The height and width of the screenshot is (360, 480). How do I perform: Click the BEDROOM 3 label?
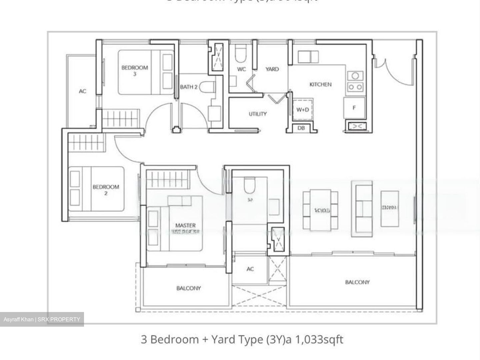pyautogui.click(x=135, y=70)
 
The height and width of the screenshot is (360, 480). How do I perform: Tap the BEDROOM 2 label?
pyautogui.click(x=106, y=189)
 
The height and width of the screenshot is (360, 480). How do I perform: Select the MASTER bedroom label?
pyautogui.click(x=185, y=226)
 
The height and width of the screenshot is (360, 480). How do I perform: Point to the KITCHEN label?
pyautogui.click(x=320, y=84)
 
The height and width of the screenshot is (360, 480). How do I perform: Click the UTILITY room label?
pyautogui.click(x=258, y=114)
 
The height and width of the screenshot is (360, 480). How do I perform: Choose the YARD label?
pyautogui.click(x=272, y=69)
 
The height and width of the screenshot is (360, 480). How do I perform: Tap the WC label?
pyautogui.click(x=241, y=69)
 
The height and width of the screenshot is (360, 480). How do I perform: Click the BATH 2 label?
pyautogui.click(x=189, y=87)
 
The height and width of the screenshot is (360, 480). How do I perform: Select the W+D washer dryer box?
pyautogui.click(x=303, y=109)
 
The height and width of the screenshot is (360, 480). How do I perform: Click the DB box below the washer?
pyautogui.click(x=301, y=128)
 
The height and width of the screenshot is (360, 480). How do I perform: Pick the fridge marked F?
pyautogui.click(x=354, y=108)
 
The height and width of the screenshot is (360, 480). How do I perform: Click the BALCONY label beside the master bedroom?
pyautogui.click(x=189, y=288)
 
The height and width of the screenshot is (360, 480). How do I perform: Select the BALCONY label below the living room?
pyautogui.click(x=357, y=282)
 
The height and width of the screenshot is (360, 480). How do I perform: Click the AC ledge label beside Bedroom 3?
pyautogui.click(x=82, y=91)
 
